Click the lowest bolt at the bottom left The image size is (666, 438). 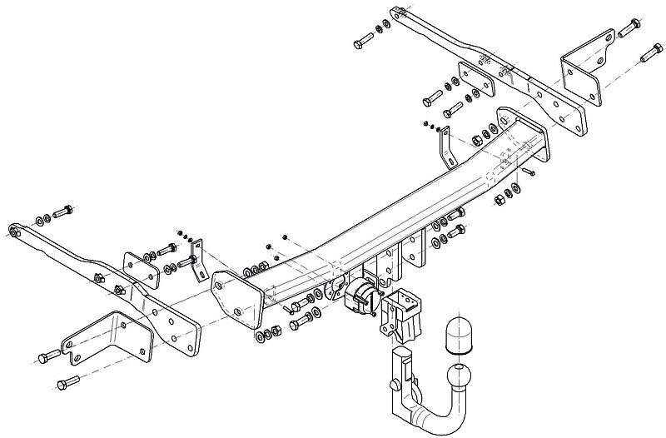pyautogui.click(x=67, y=384)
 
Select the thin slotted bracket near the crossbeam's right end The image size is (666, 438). pyautogui.click(x=444, y=147)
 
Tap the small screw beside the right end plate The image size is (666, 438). pyautogui.click(x=527, y=172)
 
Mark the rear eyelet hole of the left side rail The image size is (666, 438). pyautogui.click(x=14, y=230)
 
